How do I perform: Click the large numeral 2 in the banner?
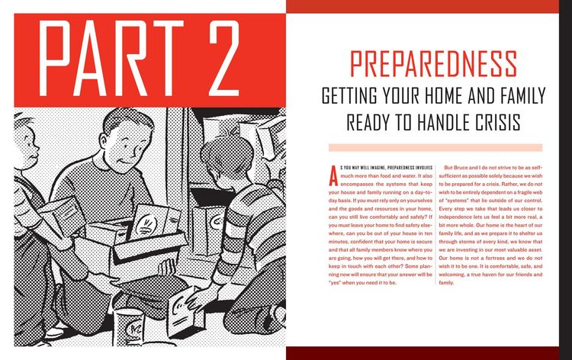(x=224, y=58)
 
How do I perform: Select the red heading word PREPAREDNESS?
(x=433, y=64)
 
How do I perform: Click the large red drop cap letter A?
(x=333, y=176)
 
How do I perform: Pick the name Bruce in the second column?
(x=461, y=168)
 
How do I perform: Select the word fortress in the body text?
(x=495, y=258)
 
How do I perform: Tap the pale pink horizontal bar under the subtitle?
(x=435, y=148)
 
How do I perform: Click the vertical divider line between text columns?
(x=435, y=224)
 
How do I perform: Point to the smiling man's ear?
(x=103, y=141)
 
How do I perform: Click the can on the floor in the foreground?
(x=128, y=326)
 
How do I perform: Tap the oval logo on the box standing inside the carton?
(x=143, y=224)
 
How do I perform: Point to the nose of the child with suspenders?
(x=36, y=149)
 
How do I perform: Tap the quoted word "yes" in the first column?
(x=335, y=283)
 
